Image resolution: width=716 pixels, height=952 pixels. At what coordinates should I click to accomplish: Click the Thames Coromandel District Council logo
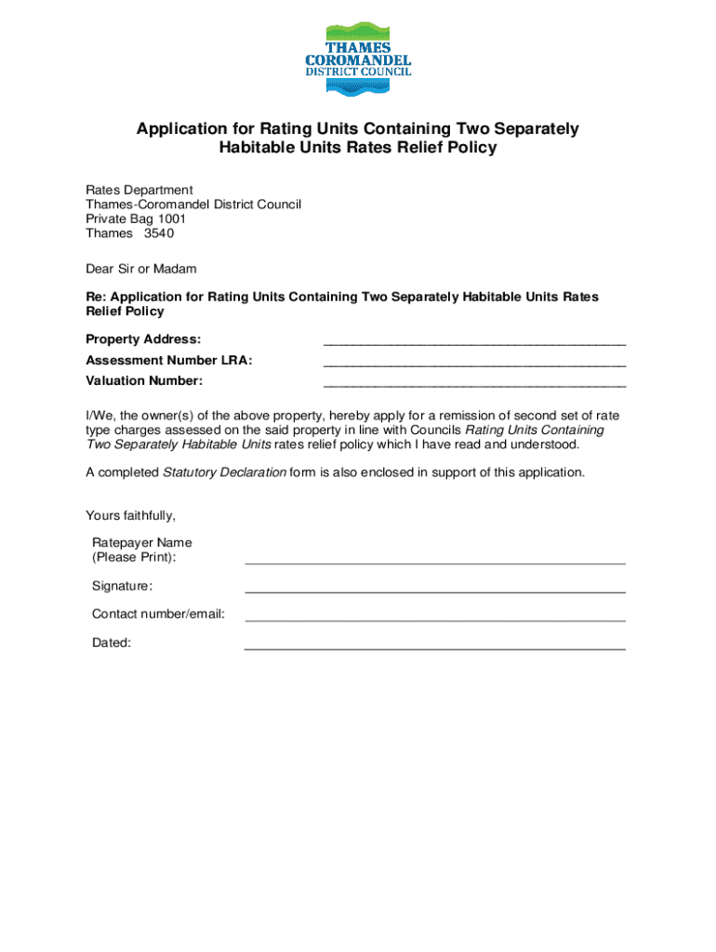pos(358,58)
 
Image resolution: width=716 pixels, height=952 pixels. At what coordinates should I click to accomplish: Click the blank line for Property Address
pos(474,344)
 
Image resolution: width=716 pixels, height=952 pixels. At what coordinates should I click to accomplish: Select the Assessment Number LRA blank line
pos(474,364)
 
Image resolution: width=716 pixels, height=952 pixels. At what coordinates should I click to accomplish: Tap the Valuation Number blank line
pos(474,385)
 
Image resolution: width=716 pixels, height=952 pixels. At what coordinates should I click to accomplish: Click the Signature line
pos(434,591)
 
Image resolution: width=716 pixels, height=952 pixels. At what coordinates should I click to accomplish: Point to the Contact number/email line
pos(434,619)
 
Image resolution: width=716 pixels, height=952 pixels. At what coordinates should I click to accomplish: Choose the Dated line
pos(434,648)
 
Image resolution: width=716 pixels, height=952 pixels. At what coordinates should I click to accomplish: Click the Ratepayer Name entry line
pos(434,562)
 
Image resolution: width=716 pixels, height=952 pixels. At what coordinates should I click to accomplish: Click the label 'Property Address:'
pos(143,339)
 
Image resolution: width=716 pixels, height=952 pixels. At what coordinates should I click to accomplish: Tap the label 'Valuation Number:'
pos(144,380)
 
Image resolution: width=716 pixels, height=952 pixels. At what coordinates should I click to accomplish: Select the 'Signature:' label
pos(122,586)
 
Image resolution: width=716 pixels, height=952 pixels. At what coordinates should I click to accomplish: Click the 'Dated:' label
pos(111,641)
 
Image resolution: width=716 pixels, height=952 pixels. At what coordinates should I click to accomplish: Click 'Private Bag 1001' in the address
pos(136,218)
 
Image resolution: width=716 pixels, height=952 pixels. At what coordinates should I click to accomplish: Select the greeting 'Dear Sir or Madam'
pos(141,269)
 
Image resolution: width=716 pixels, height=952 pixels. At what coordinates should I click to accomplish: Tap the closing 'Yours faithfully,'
pos(130,515)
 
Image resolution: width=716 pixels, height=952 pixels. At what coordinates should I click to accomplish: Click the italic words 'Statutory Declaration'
pos(224,472)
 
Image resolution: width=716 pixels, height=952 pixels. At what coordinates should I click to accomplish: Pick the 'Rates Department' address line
pos(139,190)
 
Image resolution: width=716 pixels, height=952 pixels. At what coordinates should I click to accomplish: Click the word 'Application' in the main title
pos(182,129)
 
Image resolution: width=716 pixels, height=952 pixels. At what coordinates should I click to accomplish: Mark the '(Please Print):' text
pos(134,557)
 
